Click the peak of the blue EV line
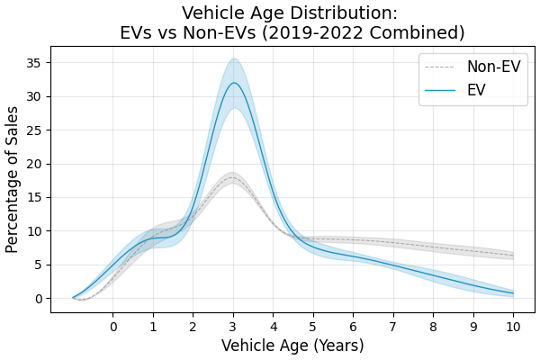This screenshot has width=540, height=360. click(234, 83)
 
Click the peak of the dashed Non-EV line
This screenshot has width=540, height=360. click(232, 177)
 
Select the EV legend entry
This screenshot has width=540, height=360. click(476, 90)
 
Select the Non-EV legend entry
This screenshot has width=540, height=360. click(493, 67)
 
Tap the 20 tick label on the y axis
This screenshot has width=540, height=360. click(35, 164)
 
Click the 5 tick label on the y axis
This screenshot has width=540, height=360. click(39, 265)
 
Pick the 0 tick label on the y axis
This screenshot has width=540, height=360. click(39, 299)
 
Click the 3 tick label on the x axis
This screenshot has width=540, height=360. click(233, 327)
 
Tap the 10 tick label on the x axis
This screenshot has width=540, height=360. click(513, 327)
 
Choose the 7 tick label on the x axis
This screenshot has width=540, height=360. click(393, 327)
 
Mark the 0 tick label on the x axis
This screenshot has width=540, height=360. click(113, 327)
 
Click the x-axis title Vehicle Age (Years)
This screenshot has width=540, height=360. click(292, 346)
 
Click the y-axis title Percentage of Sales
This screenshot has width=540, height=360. click(13, 179)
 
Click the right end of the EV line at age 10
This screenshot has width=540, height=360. click(513, 292)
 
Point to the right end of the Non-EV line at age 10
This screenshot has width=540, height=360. click(513, 256)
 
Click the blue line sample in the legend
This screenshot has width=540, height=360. click(441, 90)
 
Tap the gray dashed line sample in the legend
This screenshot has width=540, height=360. click(441, 67)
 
